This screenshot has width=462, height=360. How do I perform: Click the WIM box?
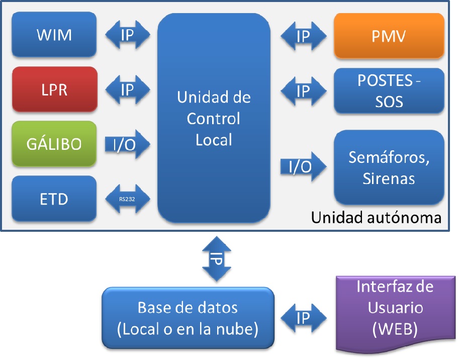point(54,35)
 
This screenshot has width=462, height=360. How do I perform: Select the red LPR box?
point(54,89)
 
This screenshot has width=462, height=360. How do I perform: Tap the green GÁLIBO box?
point(54,144)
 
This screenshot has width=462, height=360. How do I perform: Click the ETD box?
point(54,199)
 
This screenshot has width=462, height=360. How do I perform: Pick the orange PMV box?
point(389,36)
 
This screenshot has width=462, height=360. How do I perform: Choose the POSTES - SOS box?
point(389,91)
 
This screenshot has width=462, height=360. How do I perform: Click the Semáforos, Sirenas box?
point(389,166)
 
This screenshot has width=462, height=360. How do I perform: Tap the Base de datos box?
point(188,318)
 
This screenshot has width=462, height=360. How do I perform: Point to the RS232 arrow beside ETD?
point(128,199)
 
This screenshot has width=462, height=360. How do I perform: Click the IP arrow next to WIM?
point(128,35)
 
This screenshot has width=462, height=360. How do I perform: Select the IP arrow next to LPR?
point(128,89)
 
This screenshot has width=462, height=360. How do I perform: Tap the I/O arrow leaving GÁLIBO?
point(127,144)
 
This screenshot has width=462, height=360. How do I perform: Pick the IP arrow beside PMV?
point(303,36)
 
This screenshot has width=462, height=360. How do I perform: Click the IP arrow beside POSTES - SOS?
point(303,91)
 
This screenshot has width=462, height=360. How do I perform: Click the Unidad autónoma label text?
point(376,218)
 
